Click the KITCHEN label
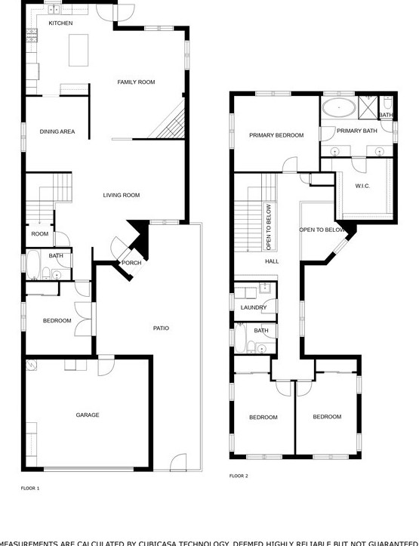point(60,23)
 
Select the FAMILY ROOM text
point(136,82)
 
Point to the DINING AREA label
point(57,131)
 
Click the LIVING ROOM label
point(122,196)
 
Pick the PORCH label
point(131,263)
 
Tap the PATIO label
point(161,328)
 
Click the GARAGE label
point(88,415)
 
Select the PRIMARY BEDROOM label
point(276,135)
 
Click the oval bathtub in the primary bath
point(339,107)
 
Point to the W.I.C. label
point(362,186)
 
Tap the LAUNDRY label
point(254,307)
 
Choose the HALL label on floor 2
point(272,261)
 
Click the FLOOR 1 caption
point(30,489)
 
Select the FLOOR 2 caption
point(239,476)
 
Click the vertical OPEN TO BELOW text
point(268,227)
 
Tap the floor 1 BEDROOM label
point(57,321)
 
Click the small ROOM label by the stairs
point(39,234)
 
